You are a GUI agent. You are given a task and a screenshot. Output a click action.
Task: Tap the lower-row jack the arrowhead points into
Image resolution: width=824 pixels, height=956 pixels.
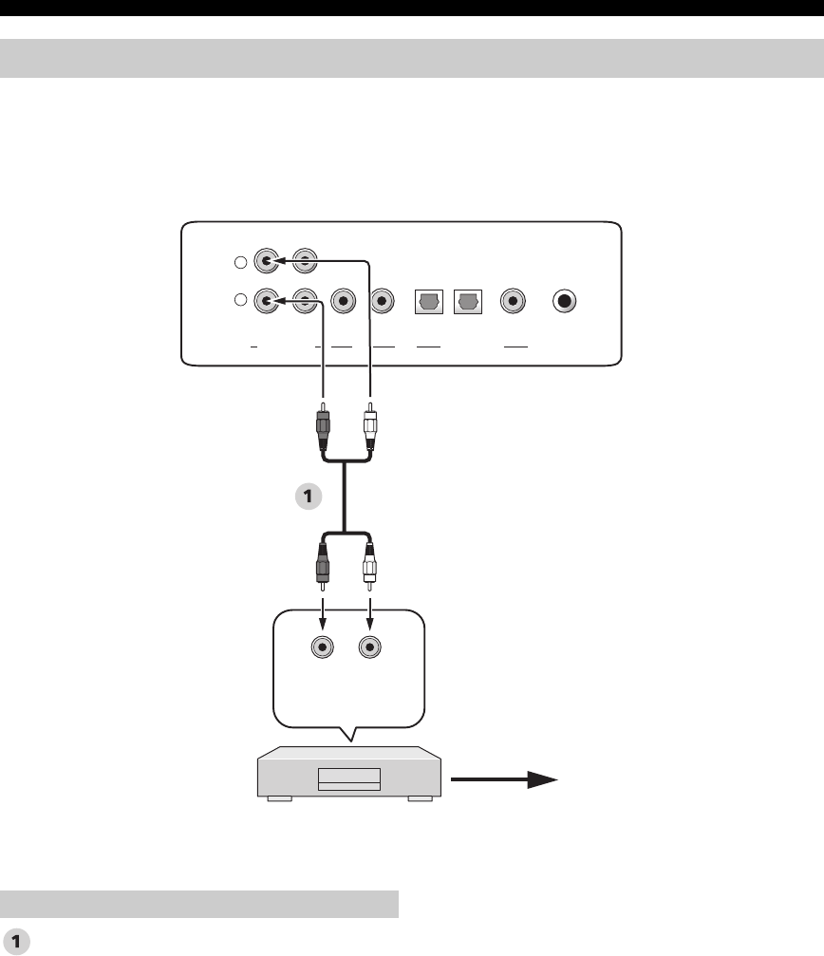[x=267, y=300]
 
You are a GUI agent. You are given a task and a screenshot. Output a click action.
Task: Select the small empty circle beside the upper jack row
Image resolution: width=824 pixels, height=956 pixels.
[x=240, y=263]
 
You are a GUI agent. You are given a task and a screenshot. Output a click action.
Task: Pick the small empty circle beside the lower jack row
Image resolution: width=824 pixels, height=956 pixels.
[x=240, y=301]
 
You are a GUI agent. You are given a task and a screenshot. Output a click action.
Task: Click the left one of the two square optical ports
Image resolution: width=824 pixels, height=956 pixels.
[x=428, y=300]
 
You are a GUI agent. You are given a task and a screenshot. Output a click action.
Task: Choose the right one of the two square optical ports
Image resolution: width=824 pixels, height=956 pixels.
[x=468, y=300]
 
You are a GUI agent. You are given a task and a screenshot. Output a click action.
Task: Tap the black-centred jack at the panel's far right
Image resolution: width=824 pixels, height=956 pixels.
[x=566, y=300]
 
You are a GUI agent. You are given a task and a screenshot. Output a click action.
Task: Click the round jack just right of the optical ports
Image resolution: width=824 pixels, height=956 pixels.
[x=513, y=300]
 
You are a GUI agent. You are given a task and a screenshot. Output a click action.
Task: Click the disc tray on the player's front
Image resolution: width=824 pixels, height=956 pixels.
[x=348, y=779]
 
